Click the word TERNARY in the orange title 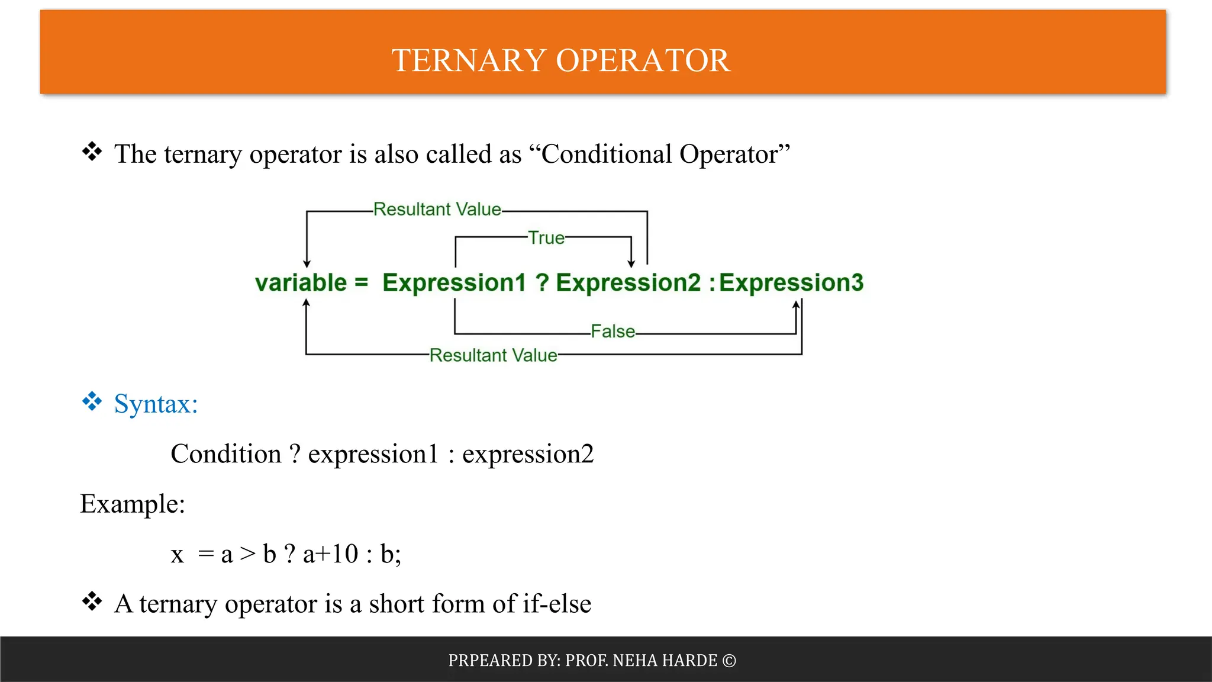(468, 60)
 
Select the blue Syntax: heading (156, 404)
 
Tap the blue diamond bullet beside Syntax (92, 402)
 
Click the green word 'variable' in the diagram (301, 283)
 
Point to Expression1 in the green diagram (454, 283)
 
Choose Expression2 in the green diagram (628, 283)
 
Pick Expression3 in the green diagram (791, 283)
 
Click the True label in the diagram (546, 238)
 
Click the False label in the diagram (613, 332)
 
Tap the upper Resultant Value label (437, 210)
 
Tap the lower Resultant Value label (493, 355)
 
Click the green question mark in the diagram (541, 283)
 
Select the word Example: (133, 504)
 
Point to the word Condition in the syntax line (225, 455)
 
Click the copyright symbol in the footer (729, 661)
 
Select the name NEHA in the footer (635, 661)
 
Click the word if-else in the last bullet (557, 604)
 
